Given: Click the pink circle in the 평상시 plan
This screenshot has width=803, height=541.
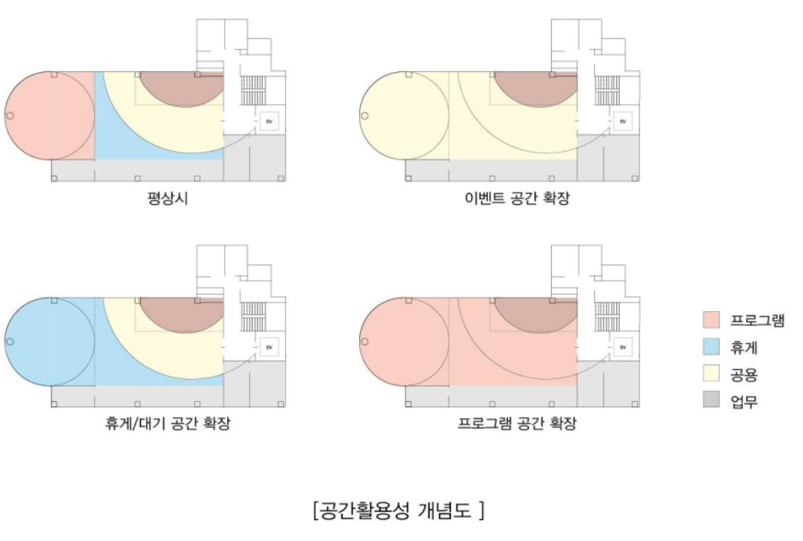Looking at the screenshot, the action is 49,115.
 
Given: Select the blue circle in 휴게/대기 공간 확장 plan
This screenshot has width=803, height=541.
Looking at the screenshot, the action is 49,341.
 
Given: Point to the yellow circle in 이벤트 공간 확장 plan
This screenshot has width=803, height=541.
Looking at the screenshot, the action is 402,115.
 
